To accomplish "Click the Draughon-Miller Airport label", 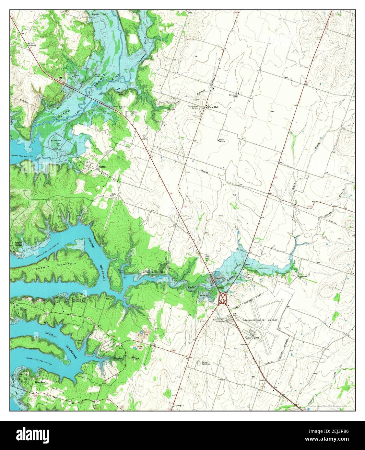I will (x=260, y=320).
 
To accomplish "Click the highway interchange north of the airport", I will (x=223, y=298).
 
